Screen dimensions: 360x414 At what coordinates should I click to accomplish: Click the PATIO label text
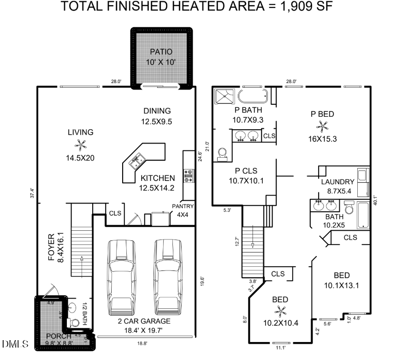161,52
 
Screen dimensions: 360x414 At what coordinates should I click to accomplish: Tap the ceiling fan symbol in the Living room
81,145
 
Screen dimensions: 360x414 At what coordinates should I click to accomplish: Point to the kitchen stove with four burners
189,174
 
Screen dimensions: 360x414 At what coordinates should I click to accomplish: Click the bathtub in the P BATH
252,96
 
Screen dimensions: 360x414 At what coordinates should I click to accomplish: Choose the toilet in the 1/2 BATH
74,322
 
